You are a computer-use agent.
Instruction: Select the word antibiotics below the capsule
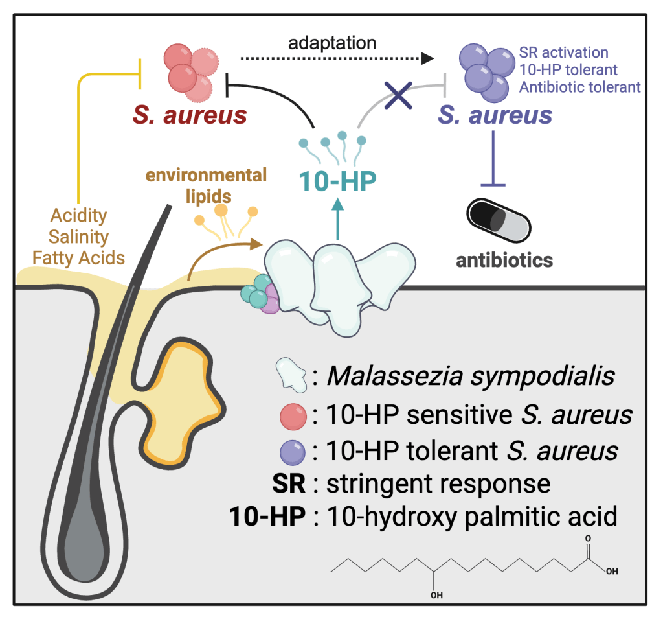504,261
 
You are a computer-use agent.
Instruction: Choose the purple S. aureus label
495,115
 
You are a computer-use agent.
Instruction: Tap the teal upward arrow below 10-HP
338,221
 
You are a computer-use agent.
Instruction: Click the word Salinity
78,237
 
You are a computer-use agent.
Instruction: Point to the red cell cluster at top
190,71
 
